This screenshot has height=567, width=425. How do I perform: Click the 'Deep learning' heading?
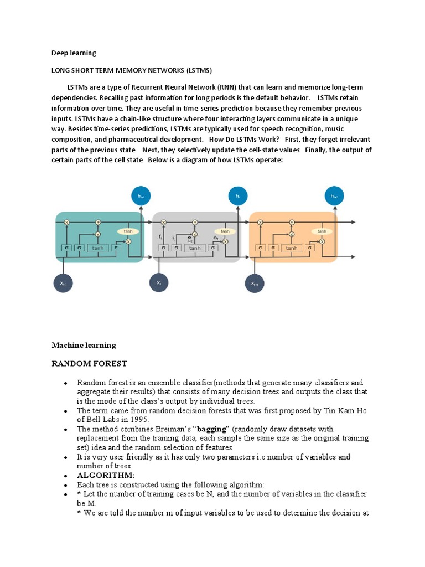click(74, 53)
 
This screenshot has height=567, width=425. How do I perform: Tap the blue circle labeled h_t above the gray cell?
click(237, 195)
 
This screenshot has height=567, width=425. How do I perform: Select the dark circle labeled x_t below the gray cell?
click(159, 283)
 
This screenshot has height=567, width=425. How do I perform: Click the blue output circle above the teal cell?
click(141, 195)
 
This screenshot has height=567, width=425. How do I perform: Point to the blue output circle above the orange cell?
click(334, 195)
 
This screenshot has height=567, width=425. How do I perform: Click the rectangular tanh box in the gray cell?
click(195, 248)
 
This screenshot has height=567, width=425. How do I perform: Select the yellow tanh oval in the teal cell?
click(128, 231)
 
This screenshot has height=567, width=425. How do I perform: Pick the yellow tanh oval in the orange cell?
click(322, 231)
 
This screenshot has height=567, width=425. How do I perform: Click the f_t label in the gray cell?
click(160, 236)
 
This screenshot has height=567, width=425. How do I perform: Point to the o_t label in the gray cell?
click(215, 238)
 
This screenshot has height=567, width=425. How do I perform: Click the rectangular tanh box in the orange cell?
click(292, 248)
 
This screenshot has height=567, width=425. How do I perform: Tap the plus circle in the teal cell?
click(98, 222)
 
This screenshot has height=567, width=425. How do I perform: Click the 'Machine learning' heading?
click(84, 345)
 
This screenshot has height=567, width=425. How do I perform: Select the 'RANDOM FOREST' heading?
click(89, 364)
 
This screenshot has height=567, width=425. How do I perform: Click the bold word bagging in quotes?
click(212, 429)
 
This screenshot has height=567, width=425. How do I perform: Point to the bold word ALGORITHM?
click(106, 476)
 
